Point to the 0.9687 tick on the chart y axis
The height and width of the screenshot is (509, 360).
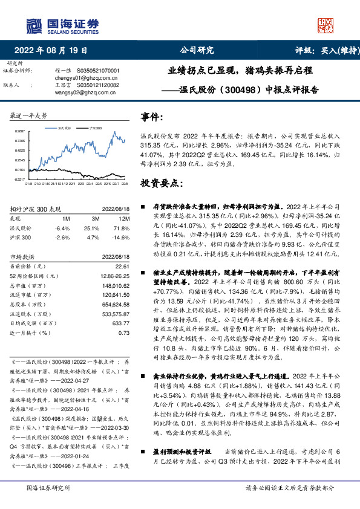pyautogui.click(x=20, y=131)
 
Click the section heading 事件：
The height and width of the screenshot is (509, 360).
pyautogui.click(x=152, y=116)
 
